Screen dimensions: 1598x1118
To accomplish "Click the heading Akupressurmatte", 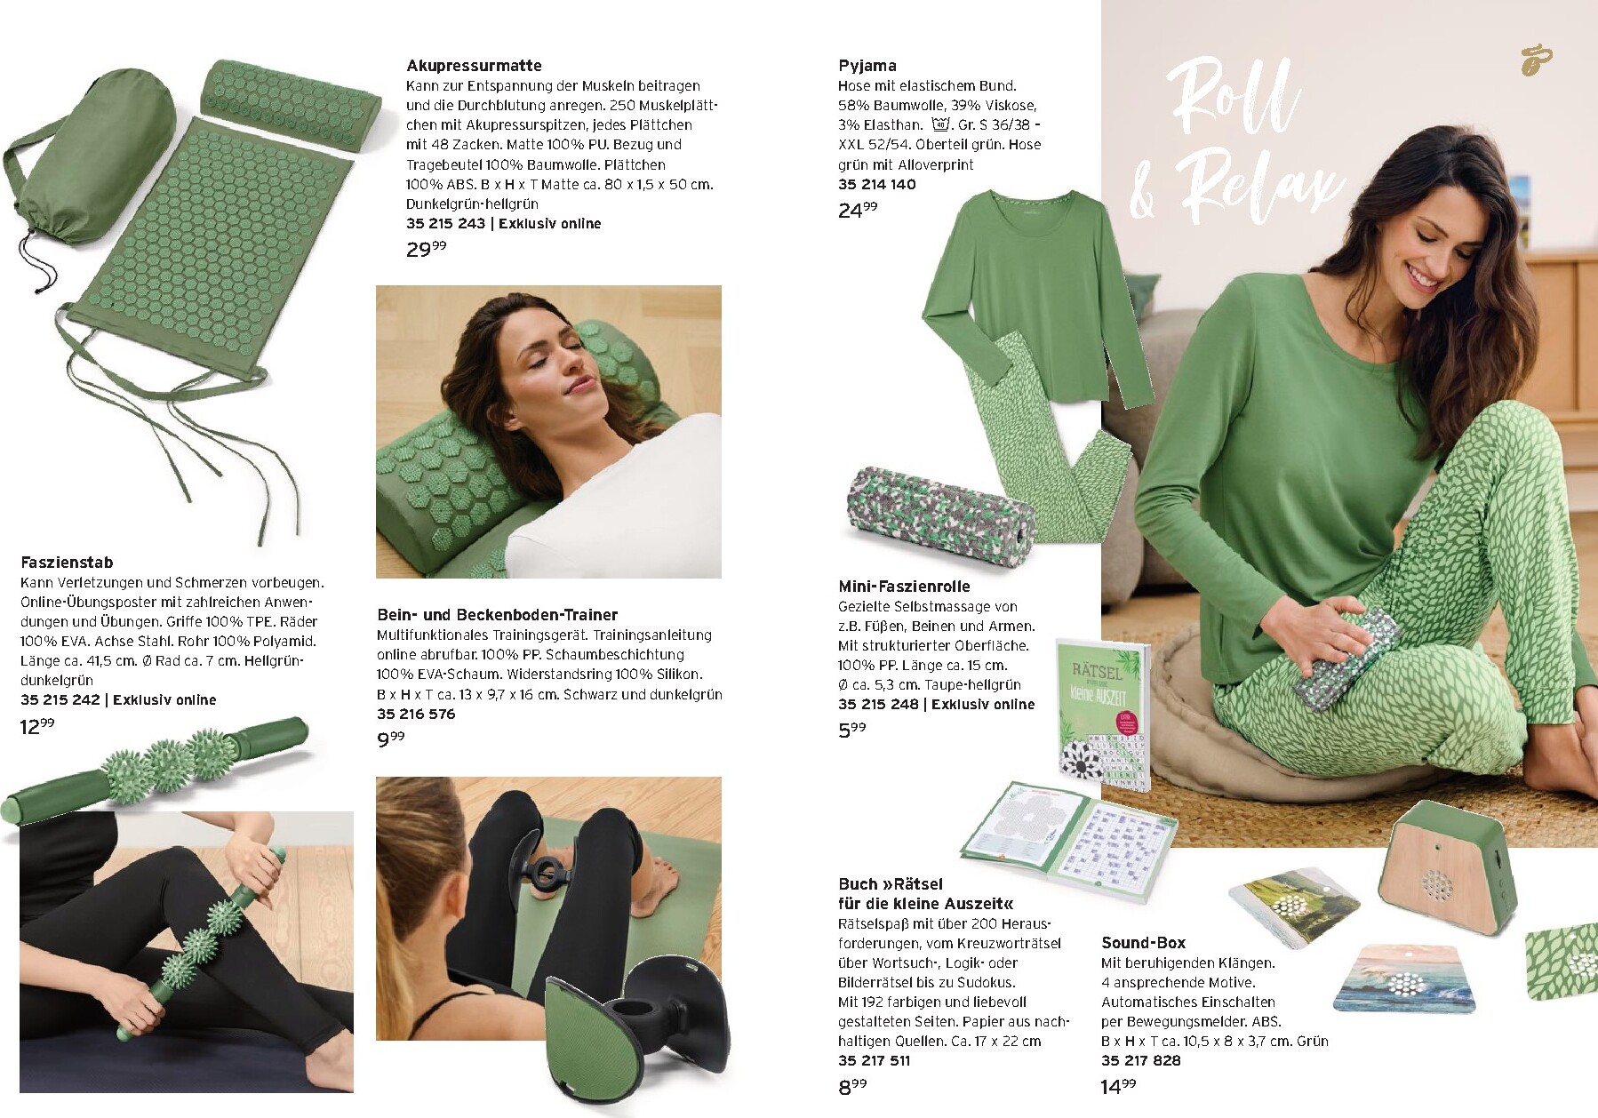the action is pyautogui.click(x=474, y=66).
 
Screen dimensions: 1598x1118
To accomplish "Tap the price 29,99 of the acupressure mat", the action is pyautogui.click(x=426, y=249).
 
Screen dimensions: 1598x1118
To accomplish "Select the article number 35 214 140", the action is pyautogui.click(x=876, y=184).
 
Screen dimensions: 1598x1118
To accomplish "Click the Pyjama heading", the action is pyautogui.click(x=867, y=66).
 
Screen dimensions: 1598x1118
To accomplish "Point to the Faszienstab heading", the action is pyautogui.click(x=67, y=563).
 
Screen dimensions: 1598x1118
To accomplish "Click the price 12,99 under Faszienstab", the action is pyautogui.click(x=37, y=727).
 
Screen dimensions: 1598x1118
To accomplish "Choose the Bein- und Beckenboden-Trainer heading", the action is pyautogui.click(x=497, y=615).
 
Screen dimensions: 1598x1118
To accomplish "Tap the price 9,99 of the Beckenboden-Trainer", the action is pyautogui.click(x=390, y=739).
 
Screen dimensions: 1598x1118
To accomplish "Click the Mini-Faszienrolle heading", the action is pyautogui.click(x=904, y=587).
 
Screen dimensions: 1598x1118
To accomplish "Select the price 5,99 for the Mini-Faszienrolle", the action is pyautogui.click(x=851, y=730).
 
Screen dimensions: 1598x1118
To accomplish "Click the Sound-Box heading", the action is pyautogui.click(x=1143, y=943).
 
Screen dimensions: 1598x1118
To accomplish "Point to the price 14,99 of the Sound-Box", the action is pyautogui.click(x=1118, y=1086).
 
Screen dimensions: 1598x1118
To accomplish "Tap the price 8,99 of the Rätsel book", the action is pyautogui.click(x=851, y=1086).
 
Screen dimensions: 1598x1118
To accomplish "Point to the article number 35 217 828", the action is pyautogui.click(x=1140, y=1060).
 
